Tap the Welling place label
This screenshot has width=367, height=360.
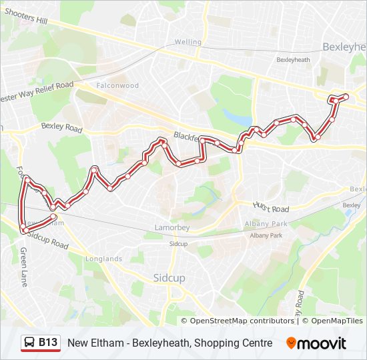click(188, 42)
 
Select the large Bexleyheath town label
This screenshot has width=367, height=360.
click(344, 47)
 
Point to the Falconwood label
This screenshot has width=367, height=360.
click(117, 86)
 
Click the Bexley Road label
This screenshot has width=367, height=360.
click(61, 126)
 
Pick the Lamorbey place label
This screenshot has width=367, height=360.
click(172, 227)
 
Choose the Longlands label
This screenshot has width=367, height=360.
click(103, 259)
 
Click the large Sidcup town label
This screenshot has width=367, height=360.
click(169, 277)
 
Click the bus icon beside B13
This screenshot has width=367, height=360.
click(30, 343)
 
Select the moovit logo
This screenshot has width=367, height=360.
click(316, 343)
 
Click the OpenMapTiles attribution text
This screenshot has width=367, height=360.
click(334, 321)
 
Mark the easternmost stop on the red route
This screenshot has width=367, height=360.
click(345, 97)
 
